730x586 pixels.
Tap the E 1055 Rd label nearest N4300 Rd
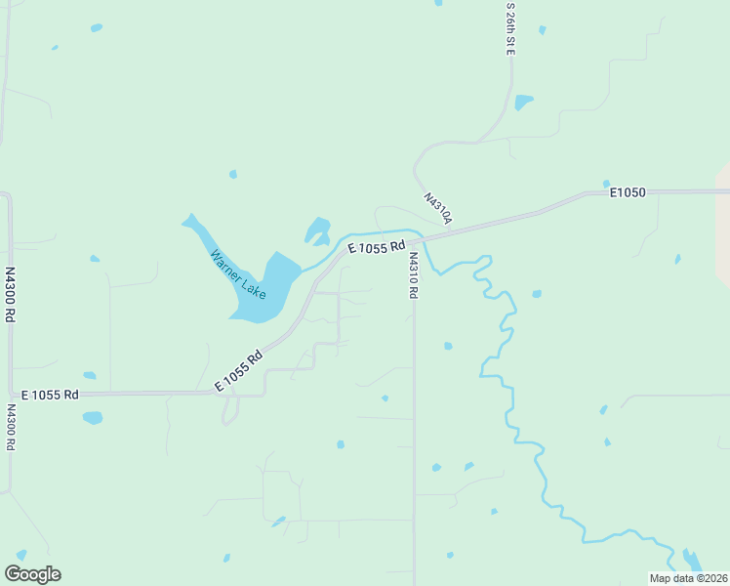click(x=52, y=395)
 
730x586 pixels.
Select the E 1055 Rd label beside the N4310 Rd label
click(x=376, y=249)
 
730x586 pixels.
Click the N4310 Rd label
click(x=414, y=275)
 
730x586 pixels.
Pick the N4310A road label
click(x=438, y=208)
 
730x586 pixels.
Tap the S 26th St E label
click(x=509, y=29)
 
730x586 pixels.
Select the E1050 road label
click(x=628, y=193)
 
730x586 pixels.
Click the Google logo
click(x=32, y=574)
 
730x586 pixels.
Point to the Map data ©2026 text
click(x=688, y=578)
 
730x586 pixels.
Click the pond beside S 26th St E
click(x=524, y=102)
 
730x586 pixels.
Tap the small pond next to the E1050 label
click(x=606, y=184)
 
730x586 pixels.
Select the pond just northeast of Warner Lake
click(x=318, y=230)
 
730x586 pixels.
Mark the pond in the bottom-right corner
click(x=692, y=560)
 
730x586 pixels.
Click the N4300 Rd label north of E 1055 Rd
click(x=10, y=295)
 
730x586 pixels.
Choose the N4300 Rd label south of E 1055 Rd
click(x=11, y=427)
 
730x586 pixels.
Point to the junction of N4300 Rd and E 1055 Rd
click(x=11, y=395)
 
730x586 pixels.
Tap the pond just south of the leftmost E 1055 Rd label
click(x=93, y=418)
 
